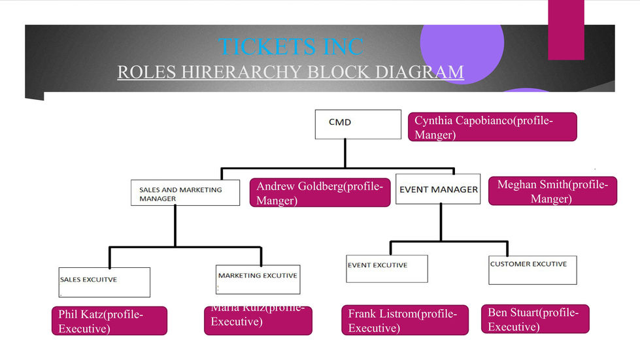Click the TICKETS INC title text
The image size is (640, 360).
point(290,46)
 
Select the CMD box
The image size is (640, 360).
point(358,124)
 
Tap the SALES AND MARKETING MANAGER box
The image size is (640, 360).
point(185,193)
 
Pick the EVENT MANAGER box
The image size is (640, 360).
point(438,189)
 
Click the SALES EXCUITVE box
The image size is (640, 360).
point(104,282)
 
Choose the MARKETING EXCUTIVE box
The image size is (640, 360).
point(258,279)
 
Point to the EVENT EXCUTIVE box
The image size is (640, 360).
point(386,269)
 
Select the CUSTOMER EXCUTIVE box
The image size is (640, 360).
point(532,270)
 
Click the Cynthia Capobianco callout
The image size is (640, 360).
point(493,127)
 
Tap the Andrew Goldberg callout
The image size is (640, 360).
point(320,193)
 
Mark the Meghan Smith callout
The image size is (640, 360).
point(552,191)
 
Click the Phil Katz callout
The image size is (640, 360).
point(109,321)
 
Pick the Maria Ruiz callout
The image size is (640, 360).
point(258,320)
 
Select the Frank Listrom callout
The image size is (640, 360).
point(405,320)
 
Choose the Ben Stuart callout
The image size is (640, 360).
point(534,319)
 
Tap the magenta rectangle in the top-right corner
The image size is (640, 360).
point(565,30)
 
